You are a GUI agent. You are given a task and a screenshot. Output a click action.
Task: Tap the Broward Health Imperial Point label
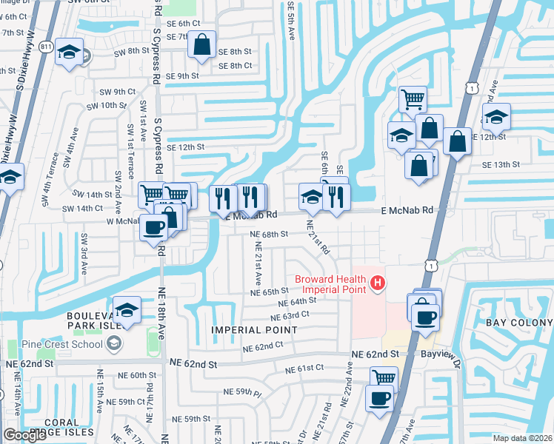click(330, 284)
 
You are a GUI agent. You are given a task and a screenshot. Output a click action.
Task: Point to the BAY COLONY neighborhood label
click(518, 323)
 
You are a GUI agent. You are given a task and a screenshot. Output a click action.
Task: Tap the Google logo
click(24, 435)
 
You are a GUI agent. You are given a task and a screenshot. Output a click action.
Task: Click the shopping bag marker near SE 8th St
click(201, 45)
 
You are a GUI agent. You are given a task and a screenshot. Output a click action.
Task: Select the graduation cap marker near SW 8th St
click(70, 52)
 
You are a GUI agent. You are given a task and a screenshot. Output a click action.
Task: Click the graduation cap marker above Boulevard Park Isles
click(127, 310)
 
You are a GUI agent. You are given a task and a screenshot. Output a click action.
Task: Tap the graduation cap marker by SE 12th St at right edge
click(496, 116)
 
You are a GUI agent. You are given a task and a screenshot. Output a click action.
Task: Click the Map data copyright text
click(522, 438)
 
